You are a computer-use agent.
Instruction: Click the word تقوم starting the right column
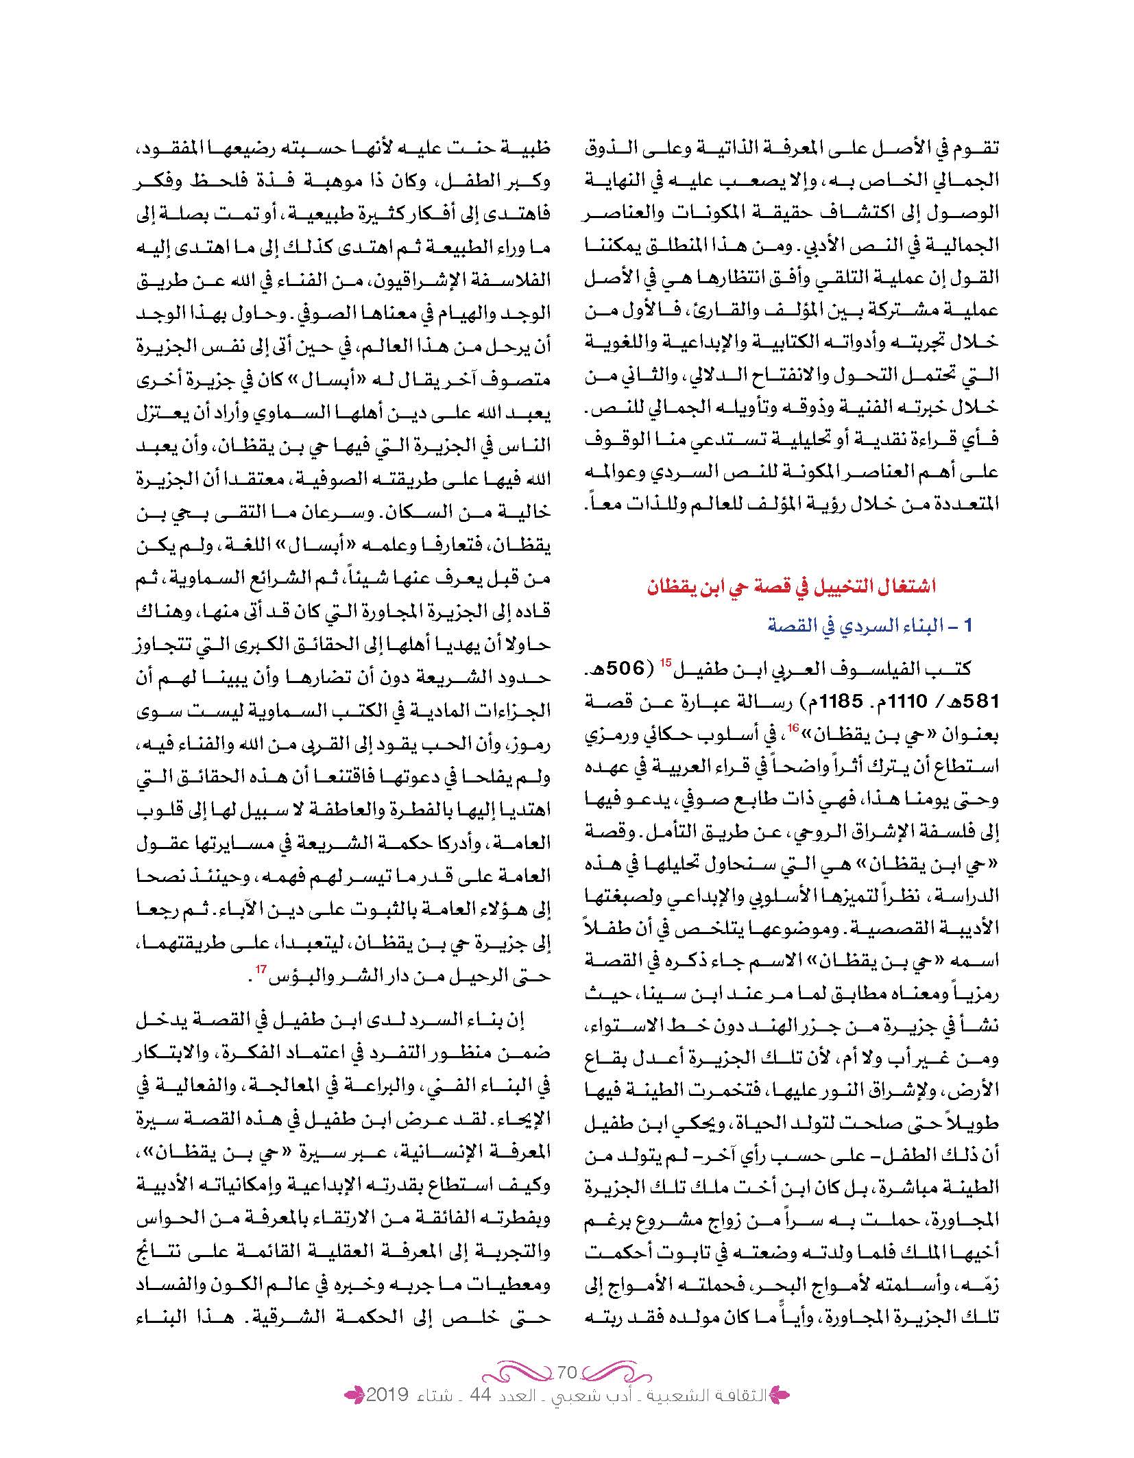click(x=976, y=151)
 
